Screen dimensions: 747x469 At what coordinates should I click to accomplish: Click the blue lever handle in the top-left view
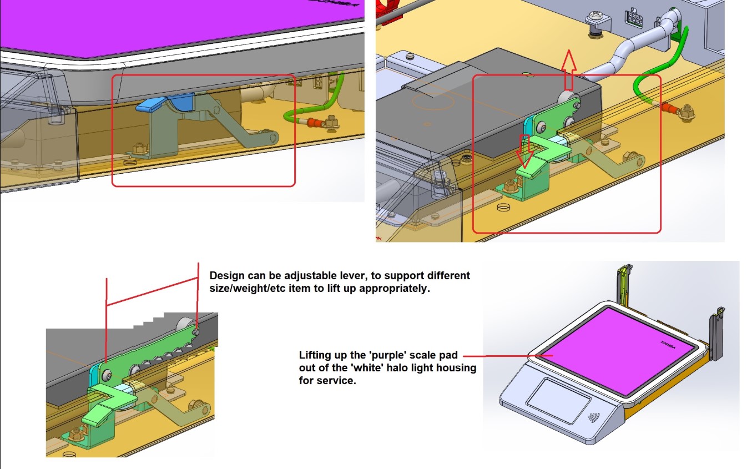click(165, 102)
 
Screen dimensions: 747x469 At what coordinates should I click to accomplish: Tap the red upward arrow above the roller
click(569, 70)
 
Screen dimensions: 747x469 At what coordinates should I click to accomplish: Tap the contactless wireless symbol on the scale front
click(593, 417)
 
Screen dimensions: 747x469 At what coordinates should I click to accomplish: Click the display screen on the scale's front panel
click(558, 400)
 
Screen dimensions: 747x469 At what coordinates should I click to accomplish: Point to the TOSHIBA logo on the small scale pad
click(668, 345)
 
